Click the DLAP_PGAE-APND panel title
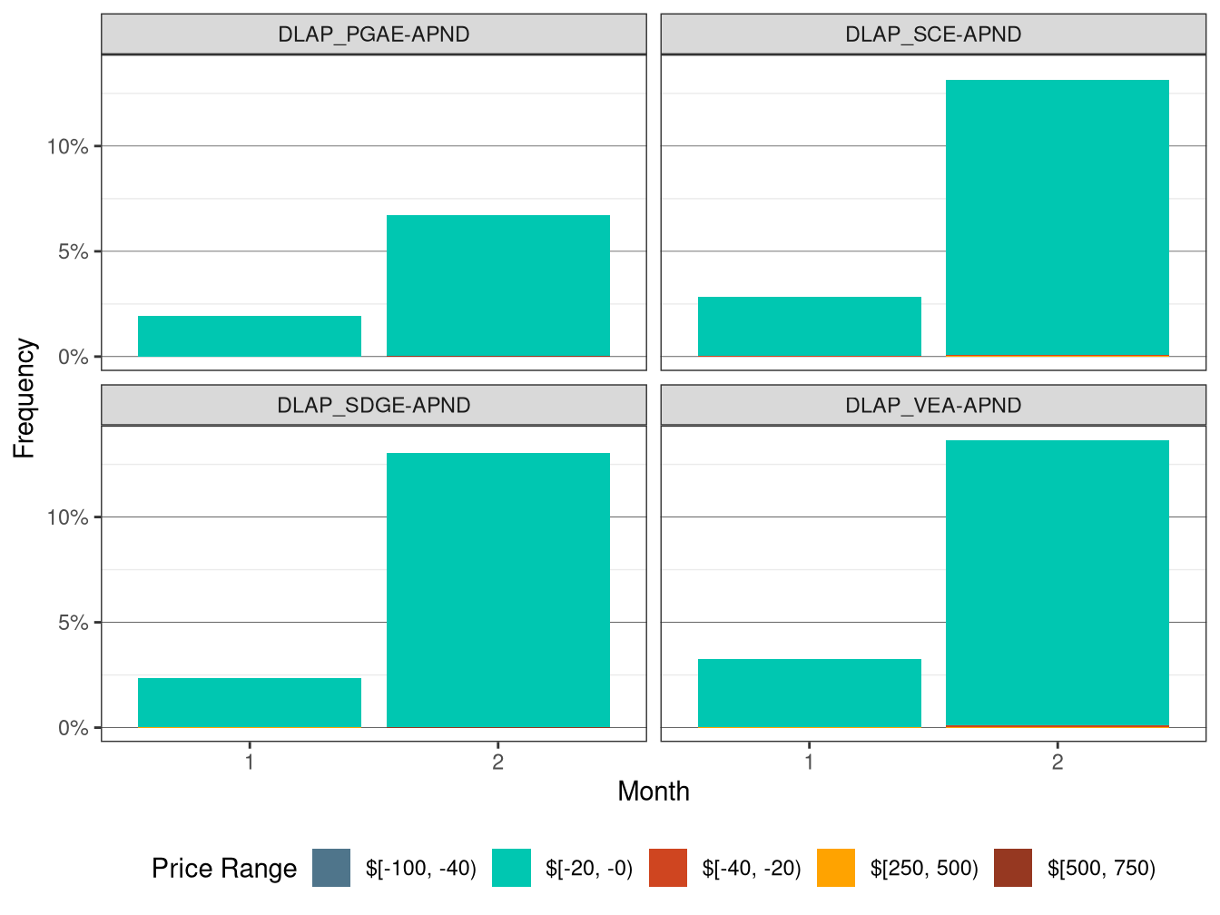[373, 34]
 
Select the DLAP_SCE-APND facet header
[933, 34]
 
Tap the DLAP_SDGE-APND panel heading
[373, 405]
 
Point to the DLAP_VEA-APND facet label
[933, 405]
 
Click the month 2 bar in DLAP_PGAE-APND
[497, 286]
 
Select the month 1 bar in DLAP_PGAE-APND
[250, 337]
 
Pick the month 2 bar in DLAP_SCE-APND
[1057, 218]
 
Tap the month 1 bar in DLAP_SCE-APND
[809, 327]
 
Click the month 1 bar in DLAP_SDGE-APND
[250, 703]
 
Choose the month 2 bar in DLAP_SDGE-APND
[497, 590]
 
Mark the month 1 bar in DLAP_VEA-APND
[809, 694]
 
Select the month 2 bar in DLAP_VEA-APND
[1057, 584]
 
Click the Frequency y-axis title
[25, 398]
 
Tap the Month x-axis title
[653, 792]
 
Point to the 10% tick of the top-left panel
[68, 146]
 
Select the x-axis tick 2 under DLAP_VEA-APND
[1057, 762]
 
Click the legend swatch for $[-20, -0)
[511, 868]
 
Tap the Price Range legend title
[224, 869]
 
